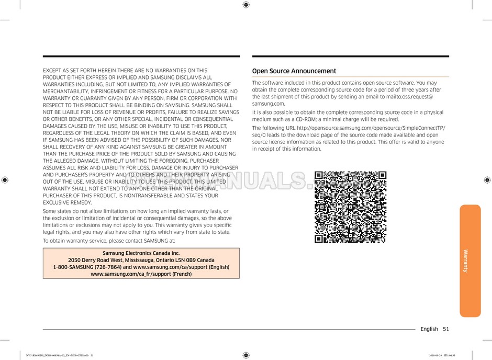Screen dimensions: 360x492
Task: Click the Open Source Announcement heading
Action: coord(294,71)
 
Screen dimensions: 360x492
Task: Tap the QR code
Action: coord(350,207)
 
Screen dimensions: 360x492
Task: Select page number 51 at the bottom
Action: coord(445,329)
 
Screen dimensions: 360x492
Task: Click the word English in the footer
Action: coord(429,329)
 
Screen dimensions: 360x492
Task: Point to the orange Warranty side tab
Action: coord(469,261)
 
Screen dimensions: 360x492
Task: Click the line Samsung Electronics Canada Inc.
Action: coord(141,253)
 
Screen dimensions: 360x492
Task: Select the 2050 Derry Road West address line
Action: coord(141,260)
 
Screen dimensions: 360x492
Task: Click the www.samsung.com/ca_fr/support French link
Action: coord(141,274)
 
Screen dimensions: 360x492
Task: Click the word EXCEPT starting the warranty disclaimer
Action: coord(52,70)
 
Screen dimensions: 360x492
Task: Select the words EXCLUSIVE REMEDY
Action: coord(66,203)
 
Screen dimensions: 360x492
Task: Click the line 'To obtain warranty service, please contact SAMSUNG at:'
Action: coord(109,241)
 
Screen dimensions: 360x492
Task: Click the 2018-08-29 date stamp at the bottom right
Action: coord(435,356)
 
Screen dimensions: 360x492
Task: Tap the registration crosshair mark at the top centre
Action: coord(246,5)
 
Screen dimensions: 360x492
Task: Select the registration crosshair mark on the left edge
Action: coord(5,180)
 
